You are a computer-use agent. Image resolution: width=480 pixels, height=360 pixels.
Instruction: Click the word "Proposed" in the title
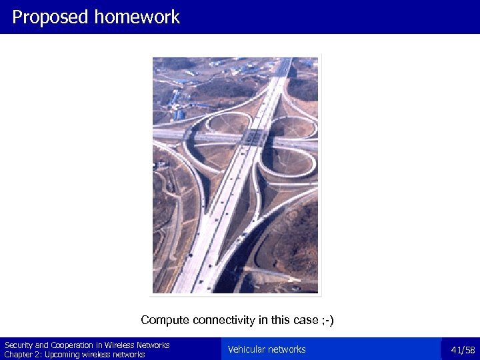click(x=50, y=17)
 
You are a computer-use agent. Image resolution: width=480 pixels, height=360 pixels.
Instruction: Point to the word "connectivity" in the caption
click(x=223, y=320)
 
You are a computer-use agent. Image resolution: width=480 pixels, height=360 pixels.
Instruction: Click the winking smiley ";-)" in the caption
click(x=327, y=320)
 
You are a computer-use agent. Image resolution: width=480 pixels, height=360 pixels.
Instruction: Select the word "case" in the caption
click(x=305, y=320)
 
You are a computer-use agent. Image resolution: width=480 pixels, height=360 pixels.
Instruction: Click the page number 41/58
click(x=463, y=350)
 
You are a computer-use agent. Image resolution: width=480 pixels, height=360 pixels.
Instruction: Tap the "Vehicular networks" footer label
click(x=267, y=349)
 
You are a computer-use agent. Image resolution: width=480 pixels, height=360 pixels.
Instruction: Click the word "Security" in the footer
click(x=18, y=345)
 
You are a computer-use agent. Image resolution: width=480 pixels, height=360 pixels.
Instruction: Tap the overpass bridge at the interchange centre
click(x=254, y=138)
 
